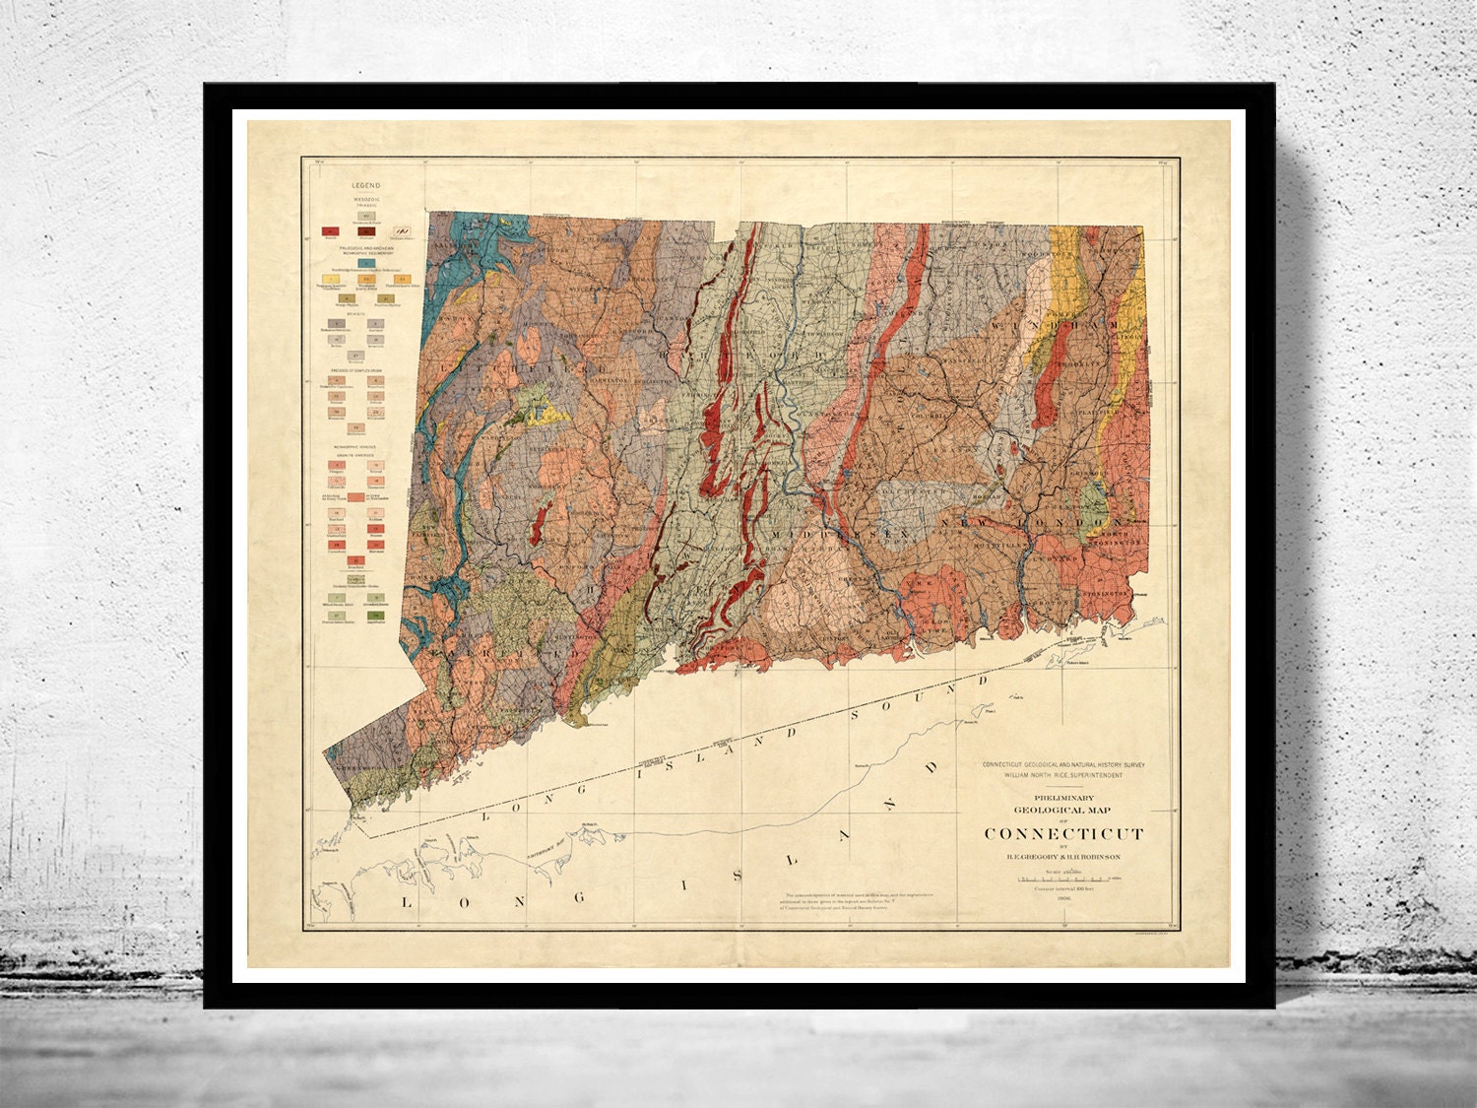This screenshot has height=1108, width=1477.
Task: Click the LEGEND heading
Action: click(365, 185)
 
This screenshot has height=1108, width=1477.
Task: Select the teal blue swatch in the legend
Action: click(365, 262)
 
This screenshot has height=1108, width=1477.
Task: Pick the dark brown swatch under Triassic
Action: click(364, 232)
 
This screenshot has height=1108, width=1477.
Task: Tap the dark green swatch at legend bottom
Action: click(375, 614)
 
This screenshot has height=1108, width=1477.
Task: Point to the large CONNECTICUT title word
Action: click(1064, 833)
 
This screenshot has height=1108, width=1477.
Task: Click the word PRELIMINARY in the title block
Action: click(1064, 798)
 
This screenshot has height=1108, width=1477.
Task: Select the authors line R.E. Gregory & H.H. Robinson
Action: click(1064, 857)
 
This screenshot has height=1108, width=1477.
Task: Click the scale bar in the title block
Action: click(1064, 880)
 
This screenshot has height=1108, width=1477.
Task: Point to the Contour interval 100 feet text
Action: click(1064, 889)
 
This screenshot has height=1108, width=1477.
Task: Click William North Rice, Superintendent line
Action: click(1064, 775)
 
